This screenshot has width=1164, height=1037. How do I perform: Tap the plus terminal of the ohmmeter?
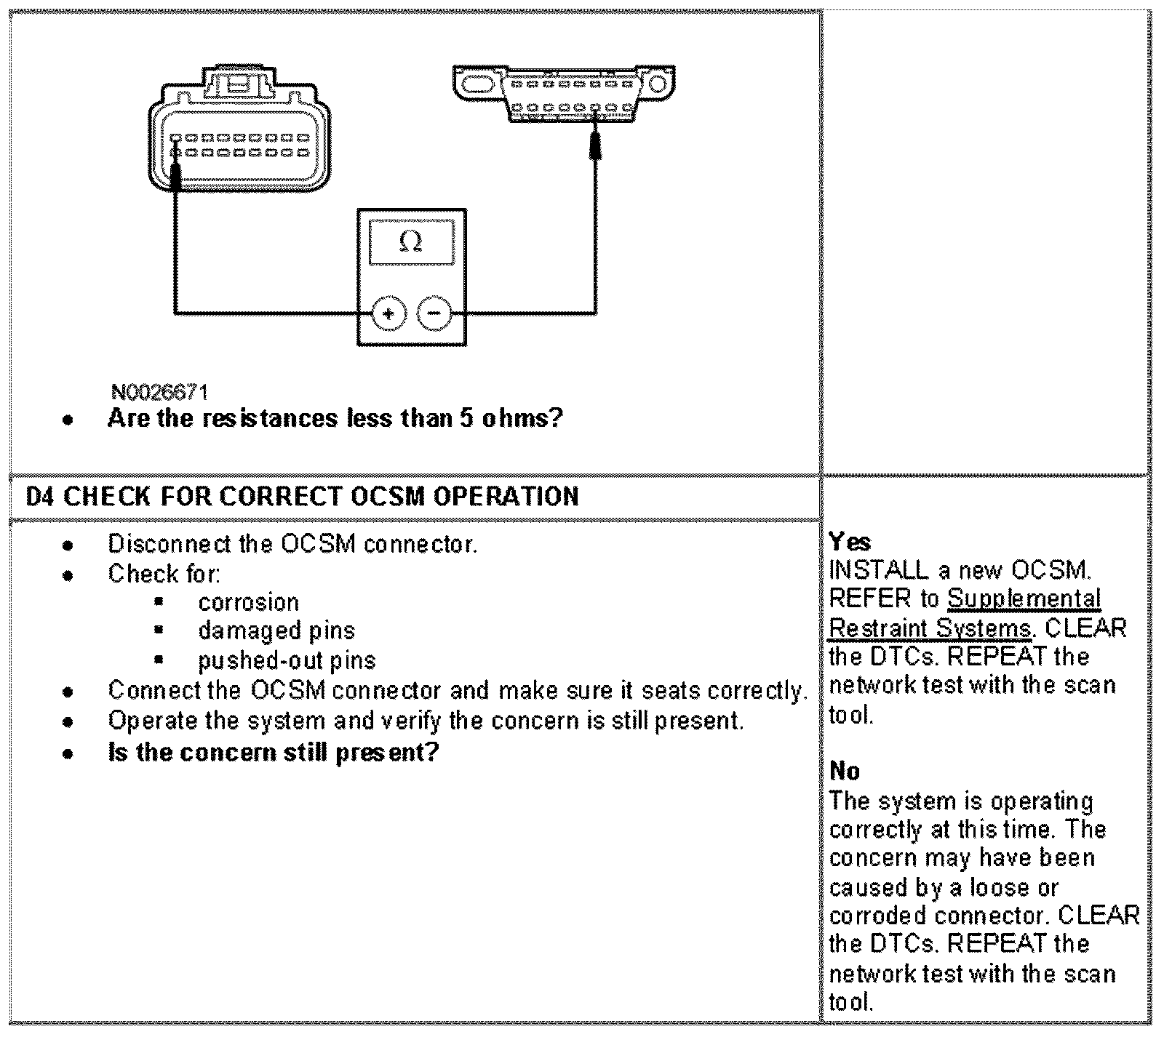pyautogui.click(x=388, y=313)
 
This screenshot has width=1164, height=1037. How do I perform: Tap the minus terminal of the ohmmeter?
pyautogui.click(x=434, y=313)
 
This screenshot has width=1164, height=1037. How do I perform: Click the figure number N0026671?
pyautogui.click(x=160, y=393)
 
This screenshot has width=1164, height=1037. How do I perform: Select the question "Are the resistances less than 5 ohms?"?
pyautogui.click(x=335, y=418)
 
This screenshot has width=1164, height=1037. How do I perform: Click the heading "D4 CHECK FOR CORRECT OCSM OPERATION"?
pyautogui.click(x=303, y=497)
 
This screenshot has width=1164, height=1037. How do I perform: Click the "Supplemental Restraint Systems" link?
pyautogui.click(x=965, y=613)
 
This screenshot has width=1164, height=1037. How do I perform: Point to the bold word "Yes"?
pyautogui.click(x=849, y=542)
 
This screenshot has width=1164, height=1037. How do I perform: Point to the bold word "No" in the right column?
pyautogui.click(x=844, y=771)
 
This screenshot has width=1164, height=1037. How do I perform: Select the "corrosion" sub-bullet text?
pyautogui.click(x=248, y=602)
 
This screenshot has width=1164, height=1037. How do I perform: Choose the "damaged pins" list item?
pyautogui.click(x=276, y=630)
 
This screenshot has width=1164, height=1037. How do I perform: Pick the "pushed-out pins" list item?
pyautogui.click(x=287, y=660)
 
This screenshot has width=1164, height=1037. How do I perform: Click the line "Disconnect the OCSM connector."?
pyautogui.click(x=292, y=543)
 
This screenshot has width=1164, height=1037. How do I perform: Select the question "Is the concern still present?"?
pyautogui.click(x=274, y=751)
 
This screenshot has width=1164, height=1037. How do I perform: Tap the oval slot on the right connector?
pyautogui.click(x=477, y=84)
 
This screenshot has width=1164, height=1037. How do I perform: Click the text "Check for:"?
pyautogui.click(x=164, y=574)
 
